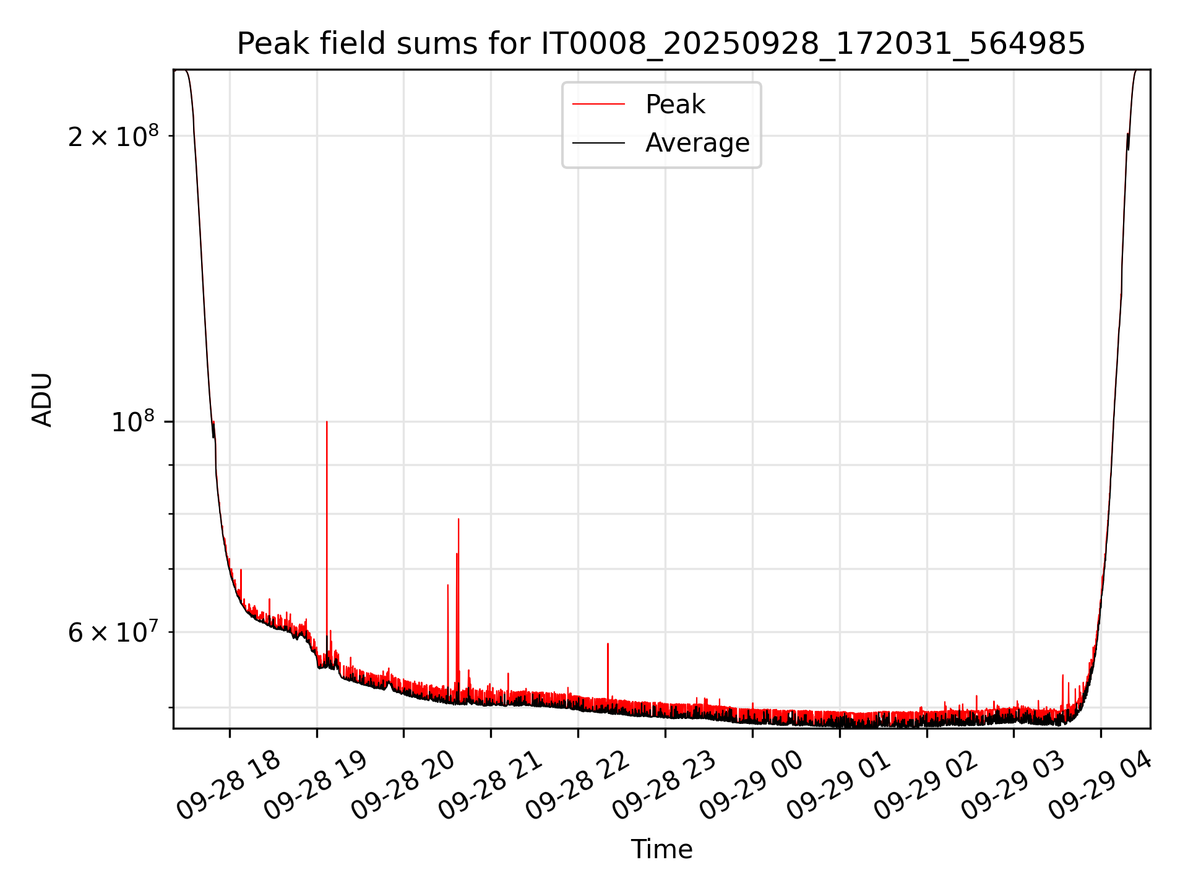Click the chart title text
point(661,43)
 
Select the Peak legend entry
point(674,105)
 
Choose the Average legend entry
point(697,143)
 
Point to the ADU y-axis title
point(42,400)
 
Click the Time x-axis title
point(661,849)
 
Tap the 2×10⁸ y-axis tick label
point(113,137)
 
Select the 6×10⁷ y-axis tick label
point(113,632)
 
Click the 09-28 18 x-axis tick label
point(228,786)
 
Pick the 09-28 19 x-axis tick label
point(316,786)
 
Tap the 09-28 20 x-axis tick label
point(403,786)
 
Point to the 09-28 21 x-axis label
point(490,786)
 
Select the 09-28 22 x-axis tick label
point(577,786)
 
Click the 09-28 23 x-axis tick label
point(665,786)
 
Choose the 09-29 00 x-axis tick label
point(752,786)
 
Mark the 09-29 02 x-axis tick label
point(926,786)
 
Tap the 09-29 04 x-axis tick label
point(1101,786)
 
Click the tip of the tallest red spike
point(327,422)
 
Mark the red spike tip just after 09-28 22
point(608,644)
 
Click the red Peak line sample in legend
point(598,105)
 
